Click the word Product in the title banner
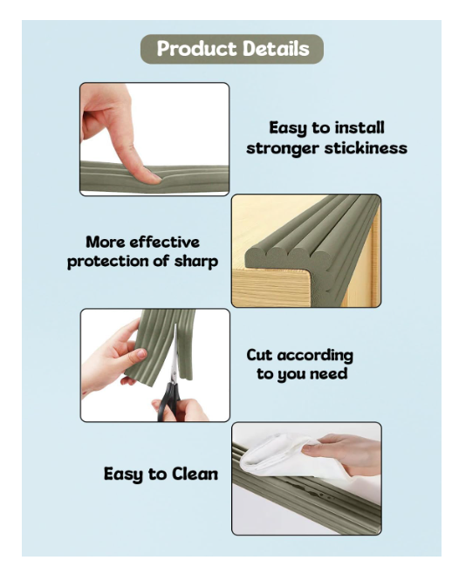click(196, 49)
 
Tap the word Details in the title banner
click(277, 49)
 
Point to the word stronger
click(283, 149)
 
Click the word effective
click(165, 243)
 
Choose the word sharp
click(196, 262)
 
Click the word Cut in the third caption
click(259, 355)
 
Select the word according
click(315, 356)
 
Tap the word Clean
click(195, 474)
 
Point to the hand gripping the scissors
click(181, 410)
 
